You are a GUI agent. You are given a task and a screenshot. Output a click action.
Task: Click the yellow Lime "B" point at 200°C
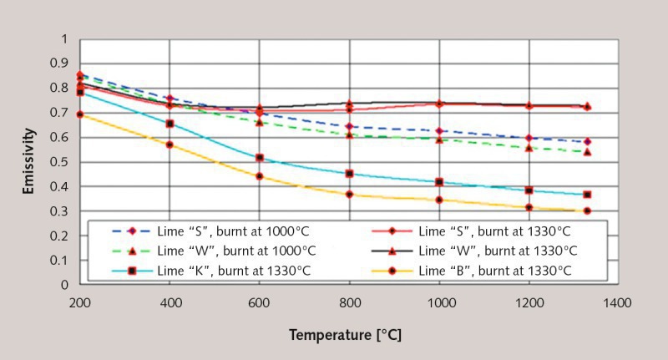point(80,114)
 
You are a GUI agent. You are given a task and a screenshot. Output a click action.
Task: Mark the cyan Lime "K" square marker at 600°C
point(260,158)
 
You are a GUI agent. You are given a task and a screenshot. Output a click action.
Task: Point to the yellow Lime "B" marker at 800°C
point(349,195)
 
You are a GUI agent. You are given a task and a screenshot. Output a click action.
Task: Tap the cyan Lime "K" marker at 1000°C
point(439,182)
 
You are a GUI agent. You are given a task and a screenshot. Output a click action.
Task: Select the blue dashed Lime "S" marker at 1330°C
point(587,142)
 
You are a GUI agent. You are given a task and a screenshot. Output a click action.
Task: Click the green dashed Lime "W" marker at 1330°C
point(587,152)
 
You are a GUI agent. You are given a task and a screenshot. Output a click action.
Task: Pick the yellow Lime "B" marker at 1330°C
point(587,210)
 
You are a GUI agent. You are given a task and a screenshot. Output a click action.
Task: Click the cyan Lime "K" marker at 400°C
point(170,124)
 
